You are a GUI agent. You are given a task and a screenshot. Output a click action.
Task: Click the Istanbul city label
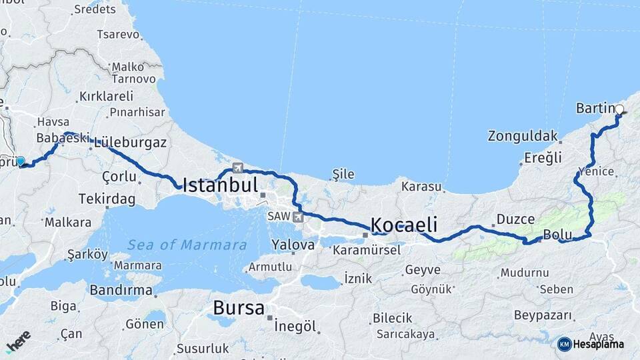click(x=219, y=184)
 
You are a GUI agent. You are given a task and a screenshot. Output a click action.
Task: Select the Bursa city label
click(x=239, y=308)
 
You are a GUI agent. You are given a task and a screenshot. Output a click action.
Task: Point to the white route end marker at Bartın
click(x=619, y=109)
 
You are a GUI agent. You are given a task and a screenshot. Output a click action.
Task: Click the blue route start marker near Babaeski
click(x=21, y=161)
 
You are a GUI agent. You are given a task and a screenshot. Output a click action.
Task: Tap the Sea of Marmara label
click(x=187, y=245)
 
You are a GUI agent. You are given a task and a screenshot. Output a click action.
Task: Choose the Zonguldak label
click(x=522, y=136)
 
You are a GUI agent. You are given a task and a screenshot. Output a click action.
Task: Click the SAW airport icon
click(x=297, y=216)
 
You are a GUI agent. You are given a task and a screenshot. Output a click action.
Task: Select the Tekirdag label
click(x=107, y=199)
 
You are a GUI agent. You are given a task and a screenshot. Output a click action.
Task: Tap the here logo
click(x=18, y=341)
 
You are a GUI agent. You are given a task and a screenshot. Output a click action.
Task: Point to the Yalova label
click(x=293, y=245)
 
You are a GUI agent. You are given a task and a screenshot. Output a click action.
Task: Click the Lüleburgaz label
click(x=130, y=143)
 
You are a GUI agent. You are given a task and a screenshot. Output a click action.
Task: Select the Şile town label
click(x=343, y=175)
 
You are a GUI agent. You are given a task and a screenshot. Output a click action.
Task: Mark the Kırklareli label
click(x=106, y=96)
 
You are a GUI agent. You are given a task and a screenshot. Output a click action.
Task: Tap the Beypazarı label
click(x=543, y=315)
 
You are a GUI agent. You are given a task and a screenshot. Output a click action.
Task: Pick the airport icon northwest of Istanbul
click(x=238, y=167)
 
